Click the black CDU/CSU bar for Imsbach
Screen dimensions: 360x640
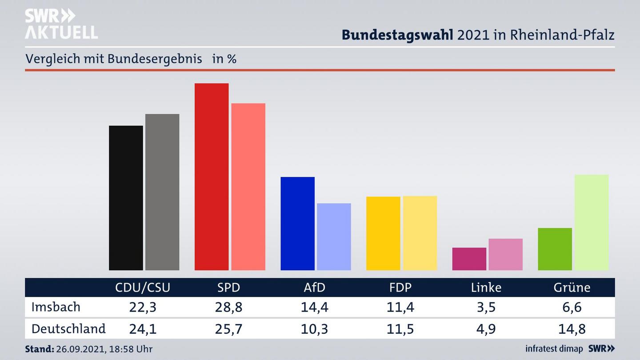126,198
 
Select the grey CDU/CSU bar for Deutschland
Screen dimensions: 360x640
162,192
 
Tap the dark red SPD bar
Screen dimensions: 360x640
212,176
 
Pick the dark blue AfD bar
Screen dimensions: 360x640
297,224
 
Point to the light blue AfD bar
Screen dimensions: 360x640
334,236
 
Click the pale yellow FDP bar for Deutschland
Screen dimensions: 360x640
420,233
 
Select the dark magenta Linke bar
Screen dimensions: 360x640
469,259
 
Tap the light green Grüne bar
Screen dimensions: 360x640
591,222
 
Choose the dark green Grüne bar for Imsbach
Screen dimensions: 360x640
555,249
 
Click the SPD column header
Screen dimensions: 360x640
228,288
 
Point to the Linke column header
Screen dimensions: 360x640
486,288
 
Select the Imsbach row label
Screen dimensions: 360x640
56,307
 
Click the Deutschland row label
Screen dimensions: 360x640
68,328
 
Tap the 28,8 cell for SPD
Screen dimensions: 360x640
228,307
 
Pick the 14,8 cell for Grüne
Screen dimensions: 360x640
572,329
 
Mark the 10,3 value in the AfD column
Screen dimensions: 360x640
314,329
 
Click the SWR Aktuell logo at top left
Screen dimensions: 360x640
61,24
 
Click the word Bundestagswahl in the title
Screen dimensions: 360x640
397,35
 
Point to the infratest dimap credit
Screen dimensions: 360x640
554,349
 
